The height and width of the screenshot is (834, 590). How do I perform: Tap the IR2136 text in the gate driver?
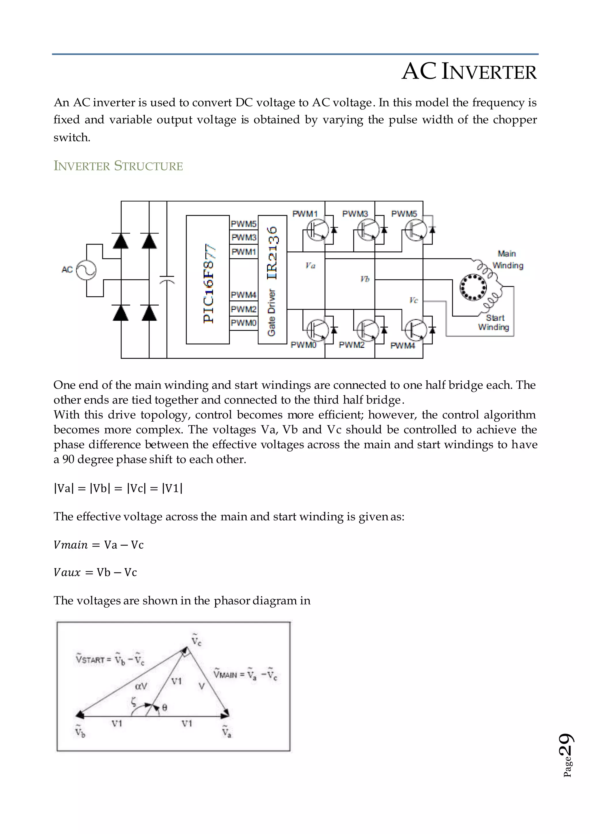[273, 253]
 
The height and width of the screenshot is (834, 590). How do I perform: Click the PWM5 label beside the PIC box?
[244, 224]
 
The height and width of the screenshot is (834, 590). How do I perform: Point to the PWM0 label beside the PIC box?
[244, 323]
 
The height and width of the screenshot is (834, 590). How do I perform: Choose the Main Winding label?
[508, 259]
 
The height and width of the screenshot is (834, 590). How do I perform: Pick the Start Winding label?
[494, 323]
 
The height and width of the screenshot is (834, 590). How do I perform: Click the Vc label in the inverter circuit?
[413, 300]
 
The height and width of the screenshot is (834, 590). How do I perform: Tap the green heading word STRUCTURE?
[148, 166]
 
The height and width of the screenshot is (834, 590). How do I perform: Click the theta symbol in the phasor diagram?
[164, 708]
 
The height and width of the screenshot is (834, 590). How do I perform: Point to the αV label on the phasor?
[141, 686]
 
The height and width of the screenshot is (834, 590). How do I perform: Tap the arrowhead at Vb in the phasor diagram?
[79, 715]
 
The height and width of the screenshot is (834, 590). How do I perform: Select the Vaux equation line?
[95, 573]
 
